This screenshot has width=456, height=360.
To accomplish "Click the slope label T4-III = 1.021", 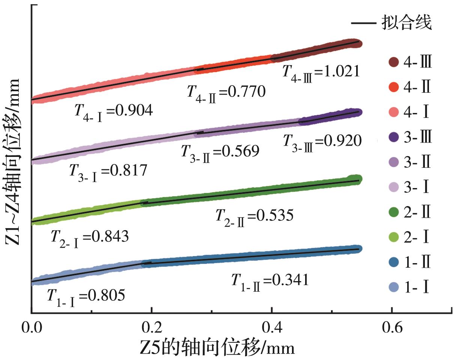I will (321, 71).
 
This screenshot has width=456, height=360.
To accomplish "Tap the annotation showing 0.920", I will (322, 141).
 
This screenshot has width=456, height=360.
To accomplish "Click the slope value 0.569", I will (220, 152).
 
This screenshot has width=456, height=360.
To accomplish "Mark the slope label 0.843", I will (90, 237).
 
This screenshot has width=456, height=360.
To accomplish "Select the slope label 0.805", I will (86, 297).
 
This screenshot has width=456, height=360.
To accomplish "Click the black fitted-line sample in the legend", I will (364, 23).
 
